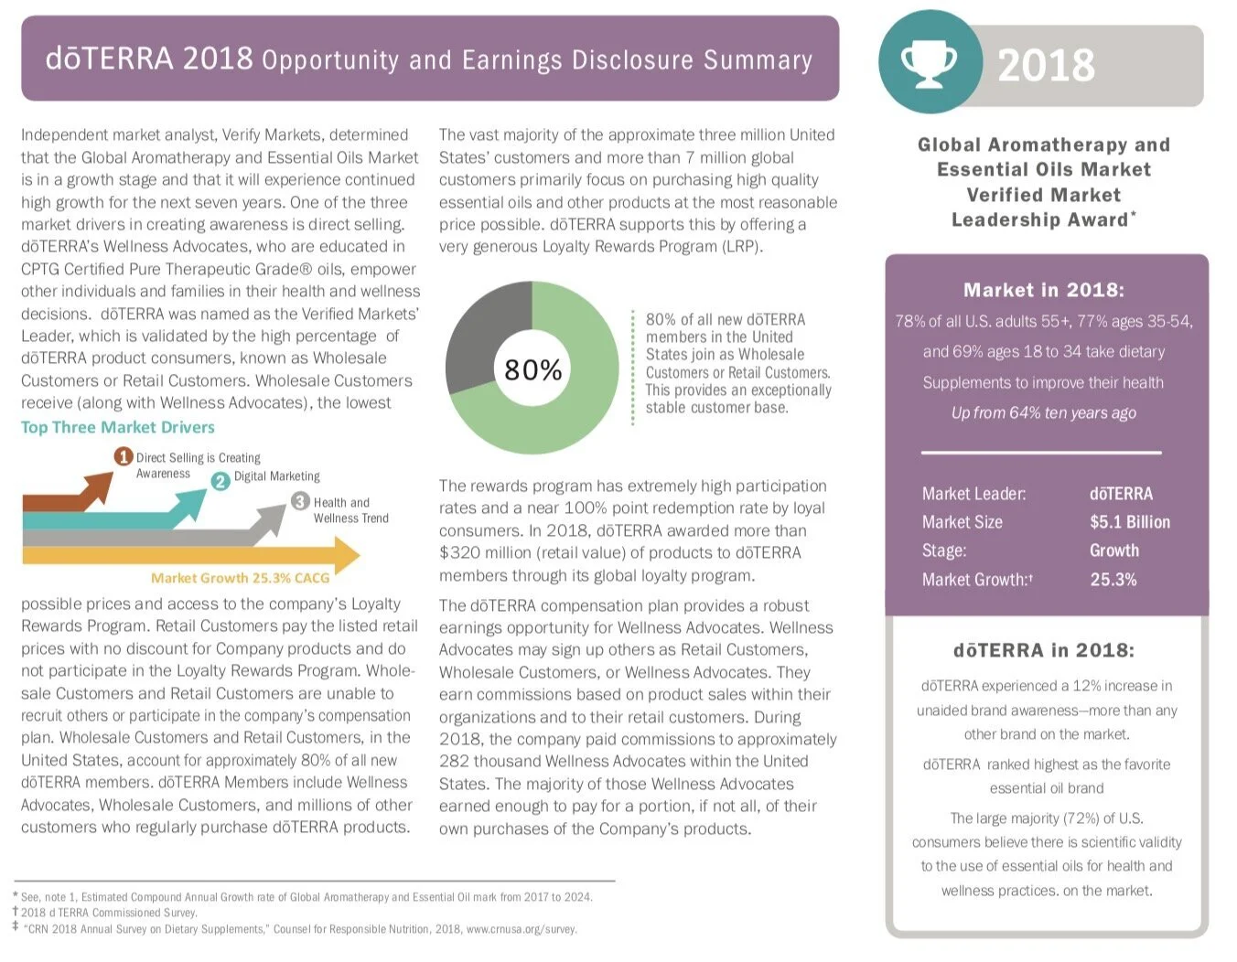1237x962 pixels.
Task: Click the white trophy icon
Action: [929, 63]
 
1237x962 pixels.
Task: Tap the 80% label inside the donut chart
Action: [532, 369]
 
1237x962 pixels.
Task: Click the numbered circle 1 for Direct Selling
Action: [123, 456]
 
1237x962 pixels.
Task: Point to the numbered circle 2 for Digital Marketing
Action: [221, 481]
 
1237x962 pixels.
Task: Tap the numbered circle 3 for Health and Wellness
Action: [300, 501]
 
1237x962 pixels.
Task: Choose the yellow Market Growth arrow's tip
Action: [360, 555]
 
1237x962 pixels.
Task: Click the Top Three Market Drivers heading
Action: [118, 427]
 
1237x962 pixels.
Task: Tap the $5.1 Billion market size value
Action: [1130, 521]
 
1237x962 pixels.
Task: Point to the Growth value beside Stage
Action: [1114, 550]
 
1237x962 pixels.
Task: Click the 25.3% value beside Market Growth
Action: [1113, 579]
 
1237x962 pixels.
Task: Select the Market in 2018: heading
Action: [1044, 290]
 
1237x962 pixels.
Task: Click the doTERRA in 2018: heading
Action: [1044, 649]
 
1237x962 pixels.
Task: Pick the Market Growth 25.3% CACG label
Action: [241, 578]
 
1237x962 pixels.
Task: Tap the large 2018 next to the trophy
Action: [1047, 65]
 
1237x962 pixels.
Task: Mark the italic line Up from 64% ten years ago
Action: [1043, 412]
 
